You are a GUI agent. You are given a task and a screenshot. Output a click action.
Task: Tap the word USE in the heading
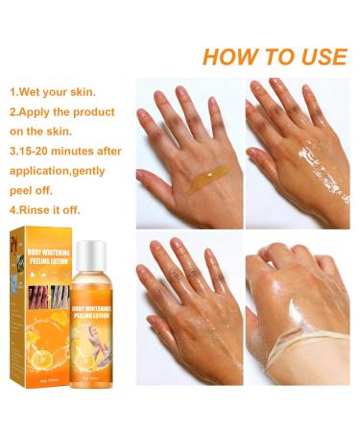pyautogui.click(x=316, y=56)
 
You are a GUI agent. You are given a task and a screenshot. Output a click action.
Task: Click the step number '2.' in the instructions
pyautogui.click(x=15, y=112)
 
